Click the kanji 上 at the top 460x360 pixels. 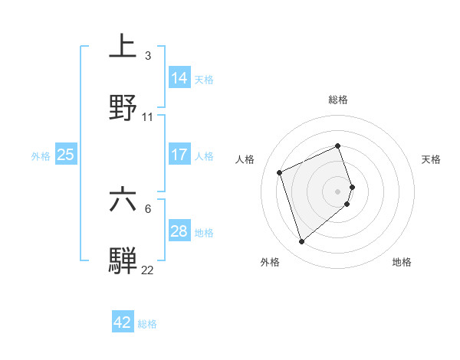click(x=123, y=45)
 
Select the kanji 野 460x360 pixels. click(x=123, y=106)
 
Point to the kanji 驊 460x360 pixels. click(x=123, y=260)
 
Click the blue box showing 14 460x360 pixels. click(x=179, y=77)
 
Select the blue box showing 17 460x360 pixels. click(x=179, y=155)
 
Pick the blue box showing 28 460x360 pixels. click(x=179, y=231)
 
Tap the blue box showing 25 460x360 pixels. click(x=66, y=155)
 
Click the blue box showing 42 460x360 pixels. click(x=123, y=322)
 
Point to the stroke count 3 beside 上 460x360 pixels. click(x=148, y=56)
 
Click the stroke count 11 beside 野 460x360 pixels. click(x=148, y=117)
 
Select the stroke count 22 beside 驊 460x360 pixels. click(x=148, y=270)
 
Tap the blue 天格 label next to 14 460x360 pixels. click(x=204, y=79)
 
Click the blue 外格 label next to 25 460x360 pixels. click(x=41, y=156)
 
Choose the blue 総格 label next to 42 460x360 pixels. click(x=147, y=324)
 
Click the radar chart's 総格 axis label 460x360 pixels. click(x=338, y=100)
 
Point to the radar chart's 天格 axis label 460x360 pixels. click(x=431, y=159)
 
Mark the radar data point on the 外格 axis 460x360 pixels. click(x=301, y=242)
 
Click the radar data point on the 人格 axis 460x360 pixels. click(x=281, y=172)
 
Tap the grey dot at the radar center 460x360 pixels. click(x=338, y=191)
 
